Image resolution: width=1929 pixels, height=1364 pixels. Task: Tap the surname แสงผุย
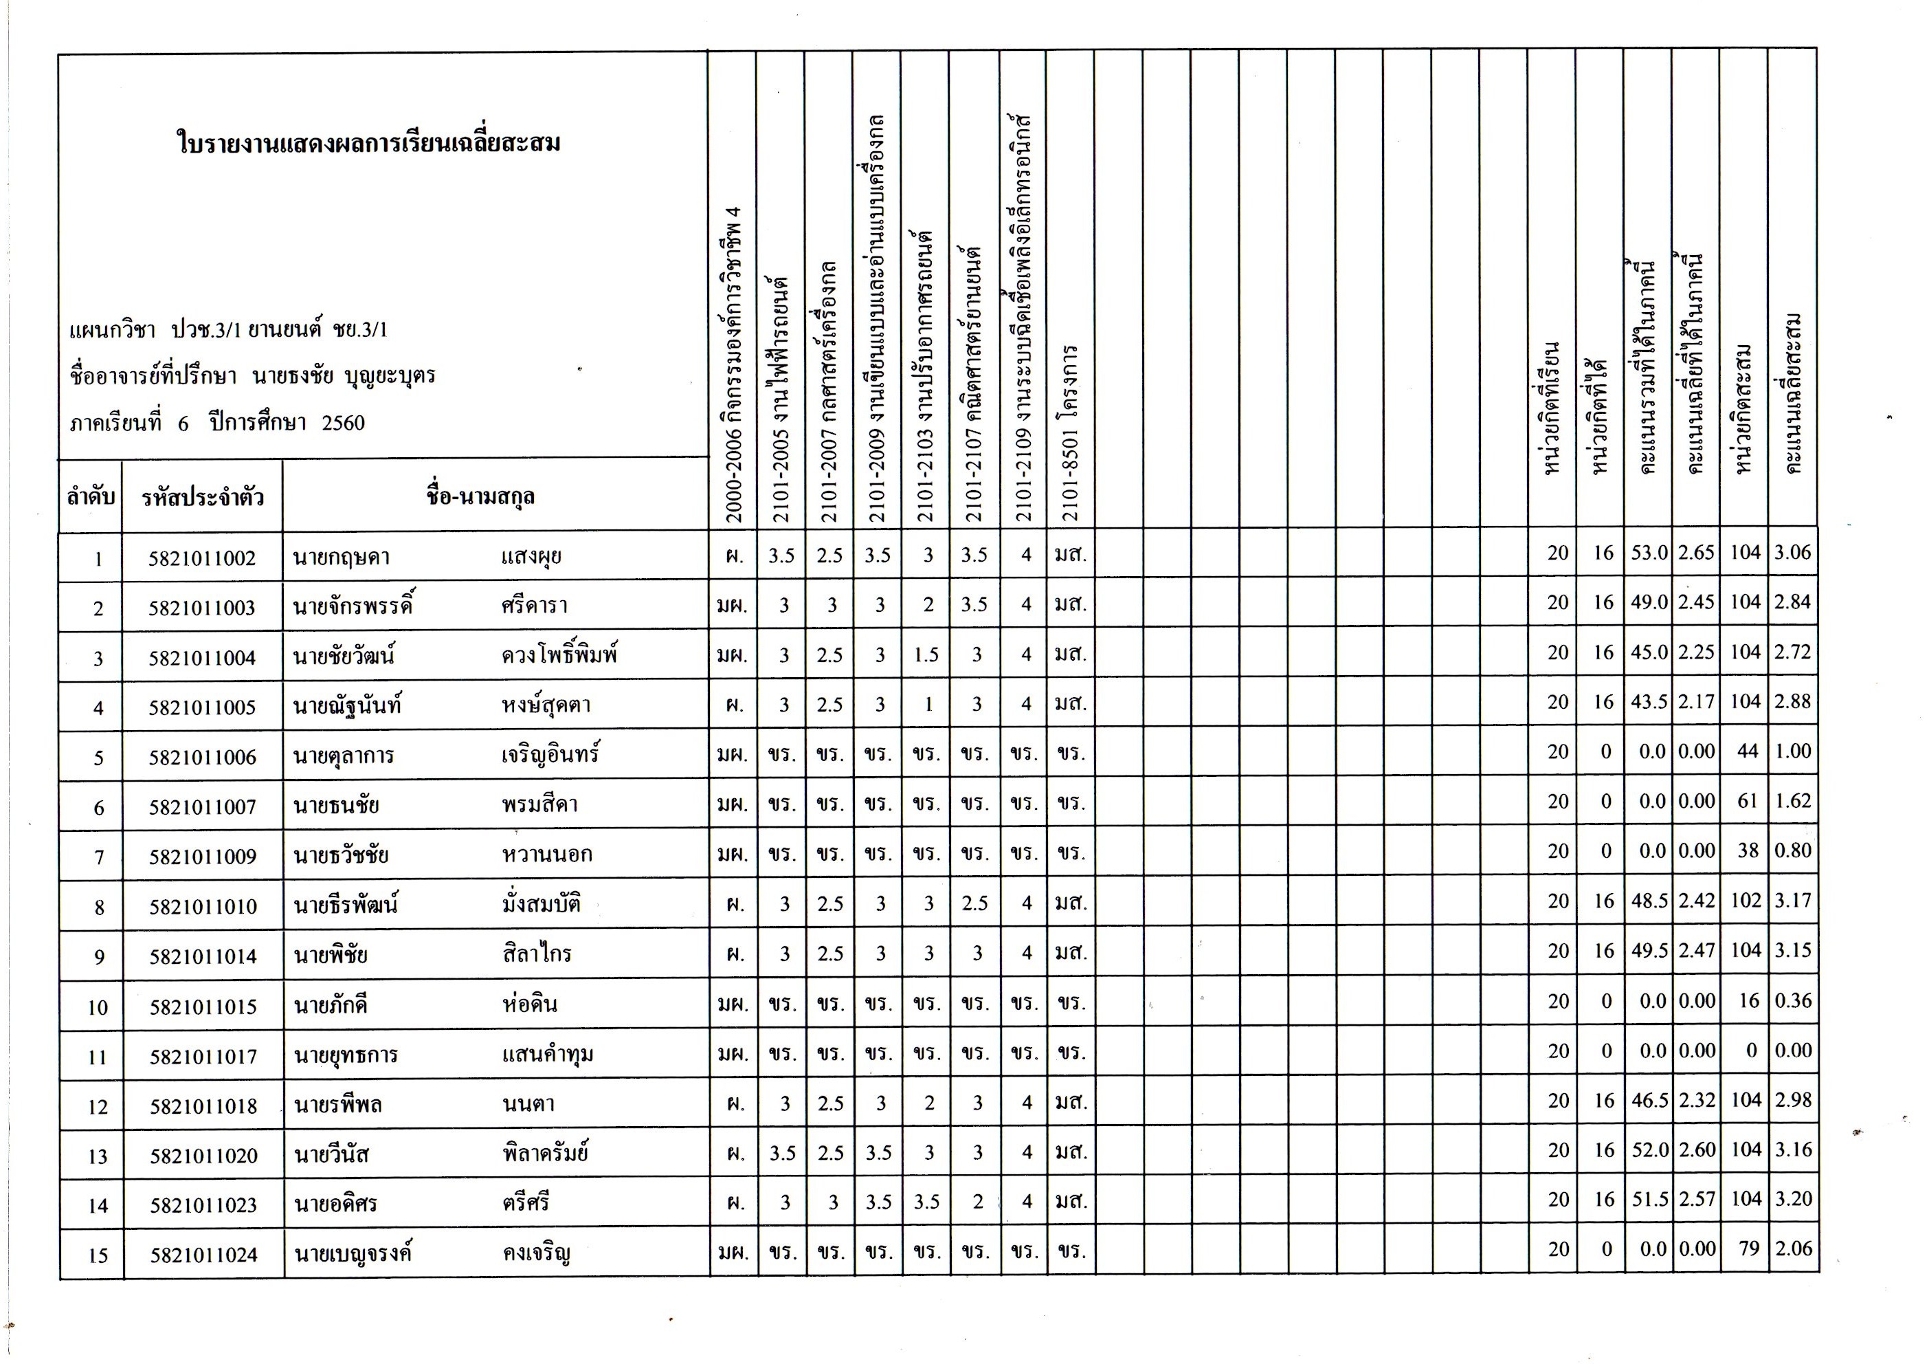(x=531, y=557)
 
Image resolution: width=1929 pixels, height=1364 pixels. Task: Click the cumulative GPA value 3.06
(x=1792, y=552)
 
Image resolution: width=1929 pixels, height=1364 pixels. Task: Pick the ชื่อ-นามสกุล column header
(x=480, y=496)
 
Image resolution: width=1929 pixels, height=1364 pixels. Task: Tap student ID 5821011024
(x=203, y=1255)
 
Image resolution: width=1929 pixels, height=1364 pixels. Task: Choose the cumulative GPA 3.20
(x=1793, y=1199)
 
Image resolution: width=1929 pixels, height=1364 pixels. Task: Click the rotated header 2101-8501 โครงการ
(x=1069, y=433)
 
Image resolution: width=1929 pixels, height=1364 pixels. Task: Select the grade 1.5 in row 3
(x=926, y=654)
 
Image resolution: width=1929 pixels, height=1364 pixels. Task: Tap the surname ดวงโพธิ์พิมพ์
(x=559, y=654)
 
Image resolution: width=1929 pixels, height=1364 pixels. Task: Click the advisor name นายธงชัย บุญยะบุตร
(x=344, y=375)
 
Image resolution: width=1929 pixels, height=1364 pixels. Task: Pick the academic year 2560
(x=343, y=423)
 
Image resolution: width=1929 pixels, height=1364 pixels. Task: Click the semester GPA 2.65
(x=1696, y=553)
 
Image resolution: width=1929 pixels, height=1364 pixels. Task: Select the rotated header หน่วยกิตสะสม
(x=1744, y=408)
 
